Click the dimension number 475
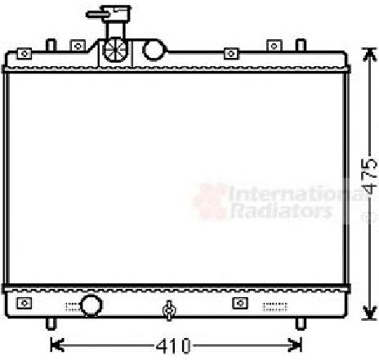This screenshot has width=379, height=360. tap(369, 176)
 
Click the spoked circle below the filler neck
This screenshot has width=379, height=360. tap(115, 51)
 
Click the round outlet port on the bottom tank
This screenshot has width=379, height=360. tap(91, 305)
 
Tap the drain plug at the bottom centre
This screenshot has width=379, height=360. tap(169, 310)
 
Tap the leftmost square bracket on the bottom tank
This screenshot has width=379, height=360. tap(25, 304)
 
